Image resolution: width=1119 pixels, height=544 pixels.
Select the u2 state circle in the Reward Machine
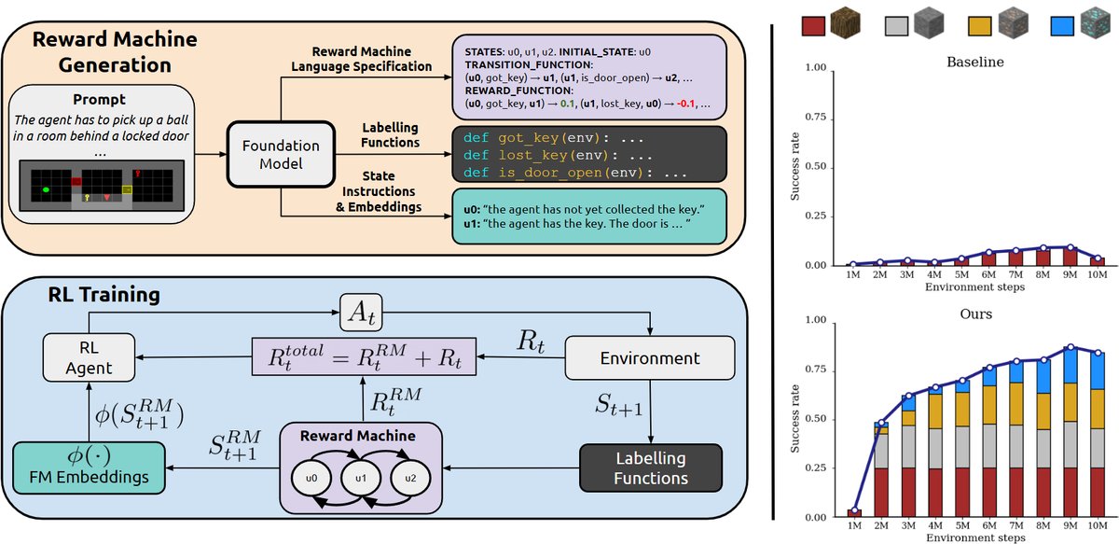pos(403,479)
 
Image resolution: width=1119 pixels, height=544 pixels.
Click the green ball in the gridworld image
pos(45,191)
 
